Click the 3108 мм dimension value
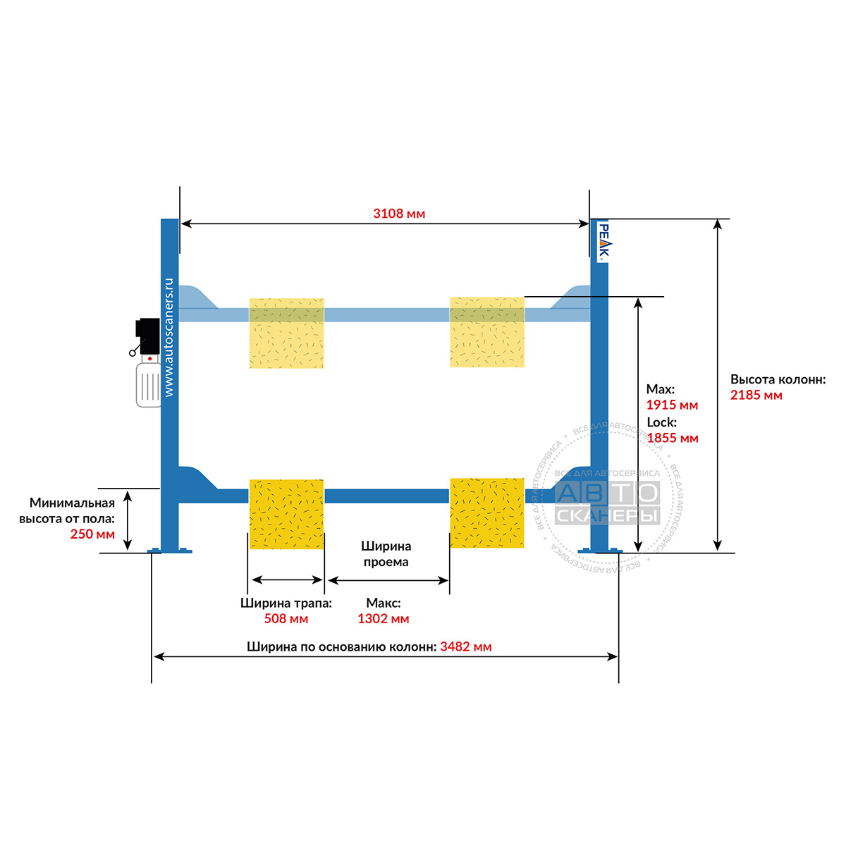click(x=398, y=214)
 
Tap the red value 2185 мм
click(x=756, y=395)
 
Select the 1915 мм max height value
click(x=672, y=405)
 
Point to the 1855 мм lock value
click(x=673, y=438)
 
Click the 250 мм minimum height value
click(x=92, y=534)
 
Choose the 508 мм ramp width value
click(x=286, y=618)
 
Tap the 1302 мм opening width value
click(x=384, y=618)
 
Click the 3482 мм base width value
click(x=466, y=646)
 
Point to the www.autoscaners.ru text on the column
click(x=169, y=337)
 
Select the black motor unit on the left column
click(x=147, y=336)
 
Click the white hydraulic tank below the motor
click(x=149, y=384)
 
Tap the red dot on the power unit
click(x=149, y=359)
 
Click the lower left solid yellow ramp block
click(x=286, y=514)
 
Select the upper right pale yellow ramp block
click(x=487, y=332)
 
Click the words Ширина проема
click(x=386, y=554)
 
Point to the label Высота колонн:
click(x=778, y=380)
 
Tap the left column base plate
click(x=170, y=551)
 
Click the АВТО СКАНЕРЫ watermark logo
click(x=608, y=503)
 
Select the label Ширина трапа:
click(x=286, y=603)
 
